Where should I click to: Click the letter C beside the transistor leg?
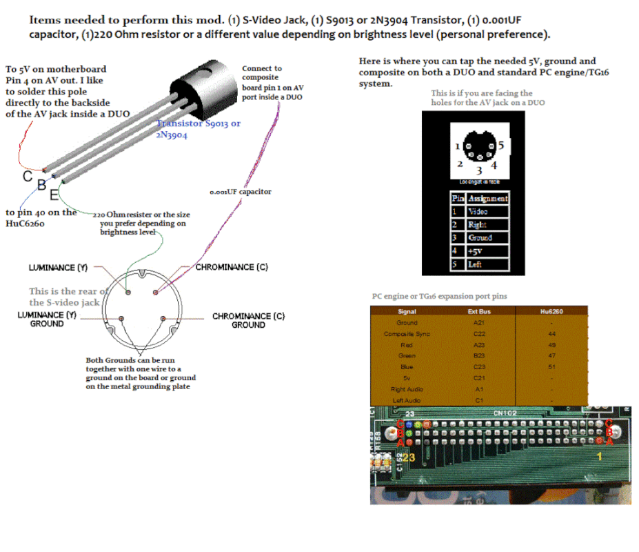tap(28, 176)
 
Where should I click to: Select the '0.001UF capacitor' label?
tap(241, 192)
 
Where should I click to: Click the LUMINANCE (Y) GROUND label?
tap(47, 319)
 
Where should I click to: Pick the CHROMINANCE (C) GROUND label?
tap(248, 320)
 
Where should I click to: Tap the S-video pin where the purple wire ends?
tap(156, 292)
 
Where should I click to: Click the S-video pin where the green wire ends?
tap(129, 292)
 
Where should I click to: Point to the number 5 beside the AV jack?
tap(501, 146)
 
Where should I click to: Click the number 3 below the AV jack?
tap(480, 170)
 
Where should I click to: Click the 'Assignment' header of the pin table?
tap(488, 199)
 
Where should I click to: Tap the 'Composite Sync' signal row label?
tap(407, 334)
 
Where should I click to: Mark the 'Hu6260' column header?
tap(551, 312)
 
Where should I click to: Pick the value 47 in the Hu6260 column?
tap(551, 356)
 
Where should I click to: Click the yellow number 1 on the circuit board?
tap(599, 457)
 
